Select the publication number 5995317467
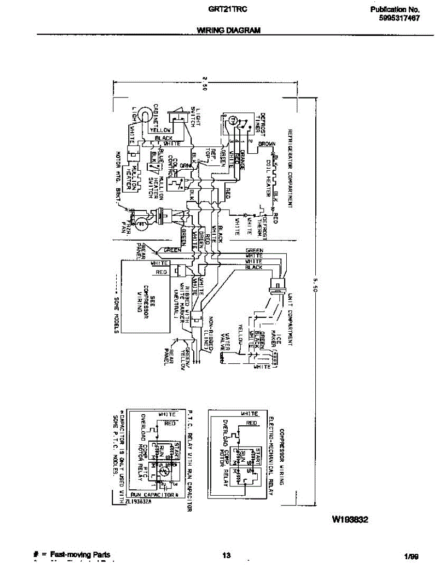(x=400, y=18)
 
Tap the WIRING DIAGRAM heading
(x=229, y=30)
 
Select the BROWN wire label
(x=267, y=144)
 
